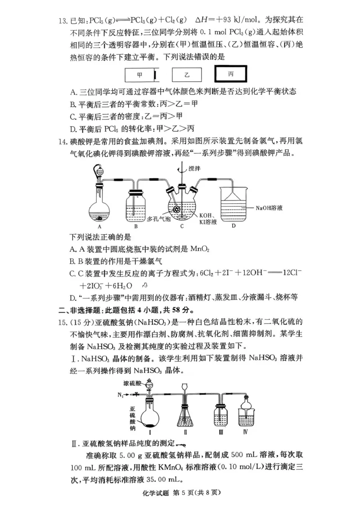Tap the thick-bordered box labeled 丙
click(231, 74)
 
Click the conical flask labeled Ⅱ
click(185, 414)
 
